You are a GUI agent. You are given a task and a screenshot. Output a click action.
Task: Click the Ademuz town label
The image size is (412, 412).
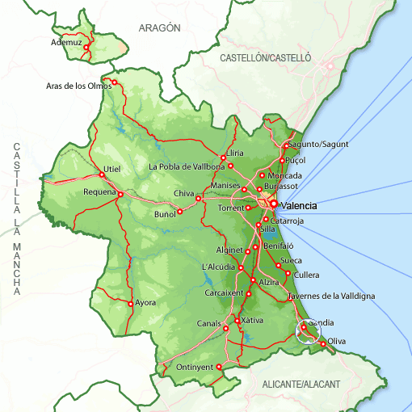pos(67,42)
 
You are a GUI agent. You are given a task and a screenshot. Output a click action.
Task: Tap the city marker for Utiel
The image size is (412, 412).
pos(102,174)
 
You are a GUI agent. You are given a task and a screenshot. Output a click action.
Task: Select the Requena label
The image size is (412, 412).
pos(100,192)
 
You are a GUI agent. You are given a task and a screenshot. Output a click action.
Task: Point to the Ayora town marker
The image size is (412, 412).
pos(130,304)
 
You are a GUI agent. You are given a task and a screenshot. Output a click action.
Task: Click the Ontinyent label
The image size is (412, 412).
pos(195,368)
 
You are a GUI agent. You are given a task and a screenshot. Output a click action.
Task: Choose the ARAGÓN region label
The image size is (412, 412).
pos(159,27)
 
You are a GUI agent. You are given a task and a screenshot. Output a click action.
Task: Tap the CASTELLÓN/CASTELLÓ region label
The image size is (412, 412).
pos(265,58)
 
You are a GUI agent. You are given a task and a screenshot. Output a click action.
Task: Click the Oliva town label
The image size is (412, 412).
pos(336,342)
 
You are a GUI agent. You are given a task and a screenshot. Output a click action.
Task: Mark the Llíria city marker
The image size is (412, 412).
pos(223,158)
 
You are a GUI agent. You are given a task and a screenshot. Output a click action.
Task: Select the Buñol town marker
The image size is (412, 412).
pos(179,212)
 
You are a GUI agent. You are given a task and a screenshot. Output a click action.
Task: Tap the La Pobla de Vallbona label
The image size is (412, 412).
pos(187,166)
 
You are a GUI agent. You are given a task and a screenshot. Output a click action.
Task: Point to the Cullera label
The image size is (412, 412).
pos(307,275)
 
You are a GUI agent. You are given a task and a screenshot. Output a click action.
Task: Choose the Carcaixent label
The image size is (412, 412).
pos(224,292)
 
